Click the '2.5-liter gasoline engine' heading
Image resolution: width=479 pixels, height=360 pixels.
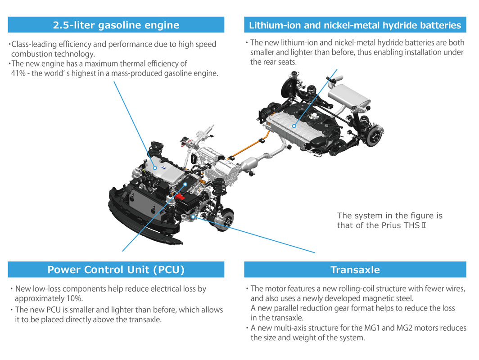(116, 25)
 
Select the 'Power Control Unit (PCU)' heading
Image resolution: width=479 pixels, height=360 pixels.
(116, 270)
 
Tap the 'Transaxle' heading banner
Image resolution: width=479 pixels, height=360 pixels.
(355, 270)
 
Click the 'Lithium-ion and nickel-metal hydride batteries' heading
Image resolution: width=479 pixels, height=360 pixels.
(355, 25)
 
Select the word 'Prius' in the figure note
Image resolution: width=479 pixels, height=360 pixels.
(391, 225)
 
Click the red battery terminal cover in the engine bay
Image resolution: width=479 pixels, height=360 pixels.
(180, 197)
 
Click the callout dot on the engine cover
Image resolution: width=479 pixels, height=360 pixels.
(154, 168)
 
